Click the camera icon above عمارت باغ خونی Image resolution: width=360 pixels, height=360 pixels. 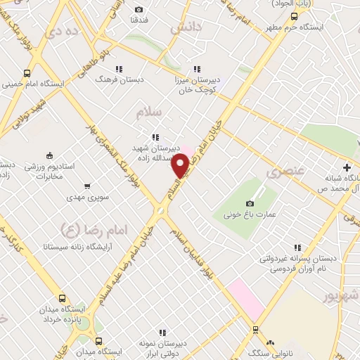[250, 202]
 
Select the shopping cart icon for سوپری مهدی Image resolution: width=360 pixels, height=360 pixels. [86, 186]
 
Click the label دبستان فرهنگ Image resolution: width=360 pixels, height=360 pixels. [120, 79]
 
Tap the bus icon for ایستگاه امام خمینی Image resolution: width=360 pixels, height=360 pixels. [27, 72]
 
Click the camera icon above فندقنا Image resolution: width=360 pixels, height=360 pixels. [139, 9]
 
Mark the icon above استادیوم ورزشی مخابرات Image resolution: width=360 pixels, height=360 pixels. [49, 155]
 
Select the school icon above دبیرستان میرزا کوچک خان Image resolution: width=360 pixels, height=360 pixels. [197, 69]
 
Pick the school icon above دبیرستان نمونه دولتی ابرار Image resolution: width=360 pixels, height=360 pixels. [162, 333]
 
